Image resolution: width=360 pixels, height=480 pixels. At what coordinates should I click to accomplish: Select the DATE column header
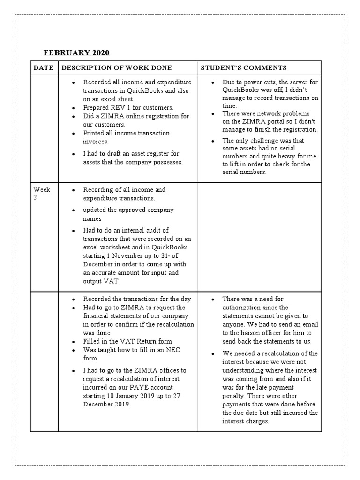click(x=44, y=68)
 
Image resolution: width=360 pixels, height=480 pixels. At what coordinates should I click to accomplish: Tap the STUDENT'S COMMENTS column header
click(x=243, y=68)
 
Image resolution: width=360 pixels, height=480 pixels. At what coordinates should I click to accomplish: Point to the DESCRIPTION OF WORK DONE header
click(x=117, y=68)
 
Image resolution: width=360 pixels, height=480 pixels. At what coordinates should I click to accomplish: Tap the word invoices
click(x=96, y=141)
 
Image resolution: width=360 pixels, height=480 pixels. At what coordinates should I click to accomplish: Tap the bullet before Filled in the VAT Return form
click(x=74, y=342)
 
